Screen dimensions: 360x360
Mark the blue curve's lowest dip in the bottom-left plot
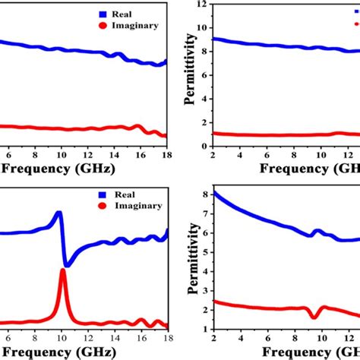(67, 265)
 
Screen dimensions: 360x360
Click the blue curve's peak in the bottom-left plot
(58, 214)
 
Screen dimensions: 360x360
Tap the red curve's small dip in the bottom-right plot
(314, 316)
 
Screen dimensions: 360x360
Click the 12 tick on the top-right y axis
(203, 5)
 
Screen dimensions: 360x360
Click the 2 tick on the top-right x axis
(214, 156)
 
